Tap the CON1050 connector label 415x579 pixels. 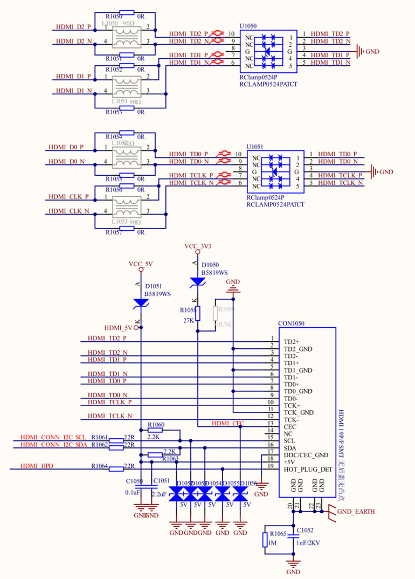[x=292, y=324]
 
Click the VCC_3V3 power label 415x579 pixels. [x=198, y=246]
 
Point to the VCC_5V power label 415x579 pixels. [x=141, y=264]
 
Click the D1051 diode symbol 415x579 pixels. [x=141, y=304]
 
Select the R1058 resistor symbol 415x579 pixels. [x=198, y=313]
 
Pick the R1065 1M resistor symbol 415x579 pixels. [x=265, y=540]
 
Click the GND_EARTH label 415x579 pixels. [x=356, y=511]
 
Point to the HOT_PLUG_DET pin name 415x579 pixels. [x=308, y=469]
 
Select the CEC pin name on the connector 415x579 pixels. [x=290, y=426]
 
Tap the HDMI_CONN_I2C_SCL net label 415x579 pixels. [x=53, y=437]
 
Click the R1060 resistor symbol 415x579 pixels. [x=156, y=431]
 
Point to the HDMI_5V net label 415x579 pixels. [x=118, y=327]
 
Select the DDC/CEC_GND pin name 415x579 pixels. [x=306, y=455]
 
